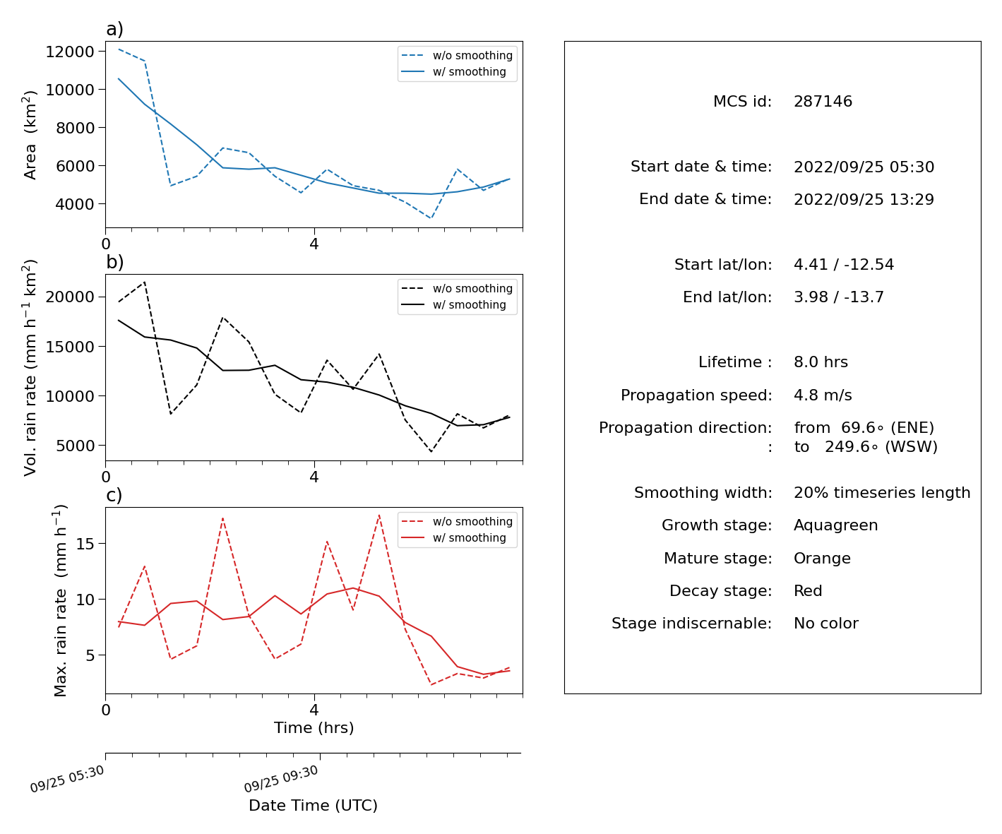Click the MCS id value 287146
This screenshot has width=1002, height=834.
click(823, 101)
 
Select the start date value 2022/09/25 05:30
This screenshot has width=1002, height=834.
click(864, 167)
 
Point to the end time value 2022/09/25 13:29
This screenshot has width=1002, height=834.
click(864, 199)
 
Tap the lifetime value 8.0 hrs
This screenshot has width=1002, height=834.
click(821, 362)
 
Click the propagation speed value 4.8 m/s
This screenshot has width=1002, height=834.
click(823, 395)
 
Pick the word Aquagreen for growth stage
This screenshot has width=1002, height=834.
click(835, 525)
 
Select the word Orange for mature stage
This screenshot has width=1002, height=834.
click(822, 559)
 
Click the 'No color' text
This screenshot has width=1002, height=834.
click(826, 623)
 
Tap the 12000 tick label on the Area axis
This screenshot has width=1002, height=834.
click(70, 52)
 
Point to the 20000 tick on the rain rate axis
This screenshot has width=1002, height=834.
click(70, 297)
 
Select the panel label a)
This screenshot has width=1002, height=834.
click(114, 29)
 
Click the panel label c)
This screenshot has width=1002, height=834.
click(114, 495)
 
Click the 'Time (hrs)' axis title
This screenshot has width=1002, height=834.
click(314, 727)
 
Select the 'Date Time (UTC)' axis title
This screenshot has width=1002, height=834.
click(313, 805)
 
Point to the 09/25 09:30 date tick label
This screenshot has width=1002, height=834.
click(281, 778)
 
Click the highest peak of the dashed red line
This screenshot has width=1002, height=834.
click(379, 516)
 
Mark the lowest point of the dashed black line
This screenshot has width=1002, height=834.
click(431, 451)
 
